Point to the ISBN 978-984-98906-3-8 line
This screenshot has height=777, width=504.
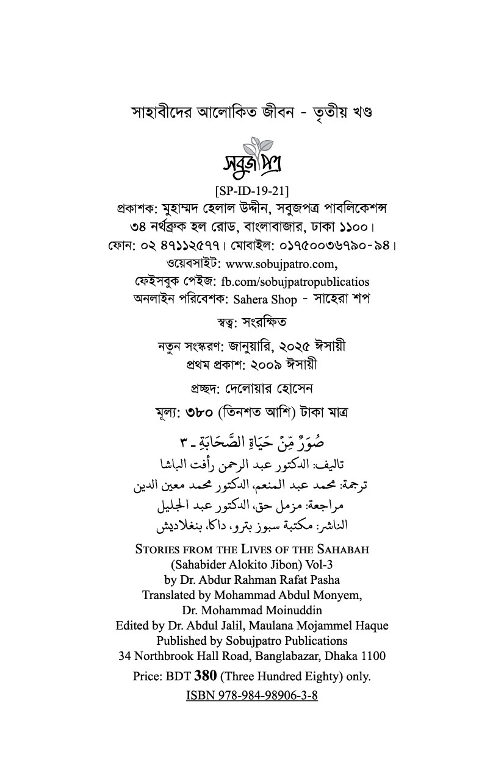click(x=252, y=695)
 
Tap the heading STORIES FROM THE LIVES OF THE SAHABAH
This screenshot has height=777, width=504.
click(x=252, y=549)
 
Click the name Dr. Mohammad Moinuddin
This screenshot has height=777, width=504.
click(x=252, y=610)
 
